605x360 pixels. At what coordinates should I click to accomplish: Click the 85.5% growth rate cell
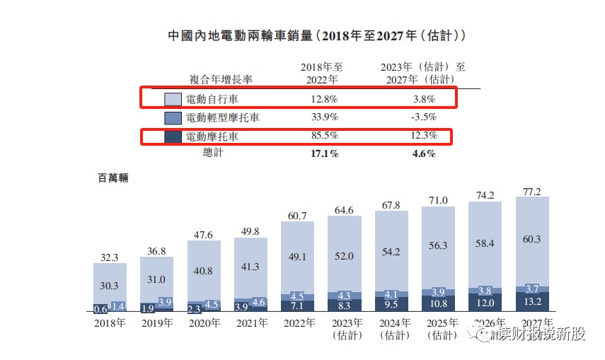click(324, 136)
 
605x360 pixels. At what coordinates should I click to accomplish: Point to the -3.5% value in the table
click(424, 117)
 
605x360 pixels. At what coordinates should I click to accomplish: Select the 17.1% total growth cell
click(324, 153)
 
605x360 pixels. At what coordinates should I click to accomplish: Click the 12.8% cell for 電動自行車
click(324, 99)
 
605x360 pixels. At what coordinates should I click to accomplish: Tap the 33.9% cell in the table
click(324, 117)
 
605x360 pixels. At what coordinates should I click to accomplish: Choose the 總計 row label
click(212, 153)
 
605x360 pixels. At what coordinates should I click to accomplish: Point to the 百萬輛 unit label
click(113, 179)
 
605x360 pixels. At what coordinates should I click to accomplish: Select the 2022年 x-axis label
click(299, 323)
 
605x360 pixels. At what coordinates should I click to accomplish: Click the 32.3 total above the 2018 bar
click(110, 257)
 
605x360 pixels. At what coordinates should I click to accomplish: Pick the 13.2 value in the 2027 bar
click(533, 301)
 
